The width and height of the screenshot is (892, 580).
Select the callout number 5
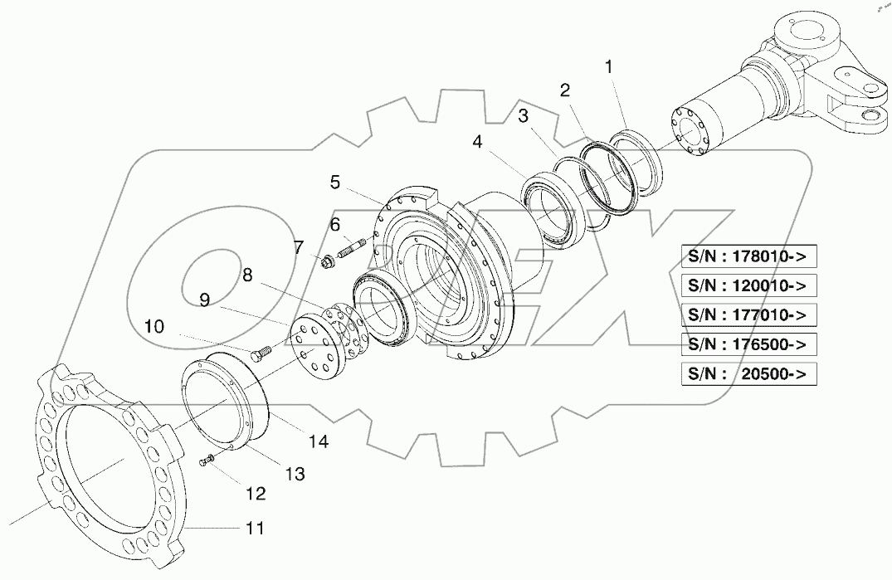(x=334, y=181)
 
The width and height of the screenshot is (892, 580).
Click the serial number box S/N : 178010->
(x=748, y=257)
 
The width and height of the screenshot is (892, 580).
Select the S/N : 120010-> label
(x=748, y=286)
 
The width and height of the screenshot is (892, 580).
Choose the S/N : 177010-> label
(x=748, y=315)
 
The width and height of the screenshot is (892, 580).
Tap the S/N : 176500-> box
(x=748, y=344)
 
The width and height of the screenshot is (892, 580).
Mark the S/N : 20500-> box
(x=748, y=373)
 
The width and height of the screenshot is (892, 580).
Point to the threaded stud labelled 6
(x=352, y=248)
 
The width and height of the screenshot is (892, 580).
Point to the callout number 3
(x=523, y=116)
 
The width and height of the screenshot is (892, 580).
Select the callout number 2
(x=565, y=91)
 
